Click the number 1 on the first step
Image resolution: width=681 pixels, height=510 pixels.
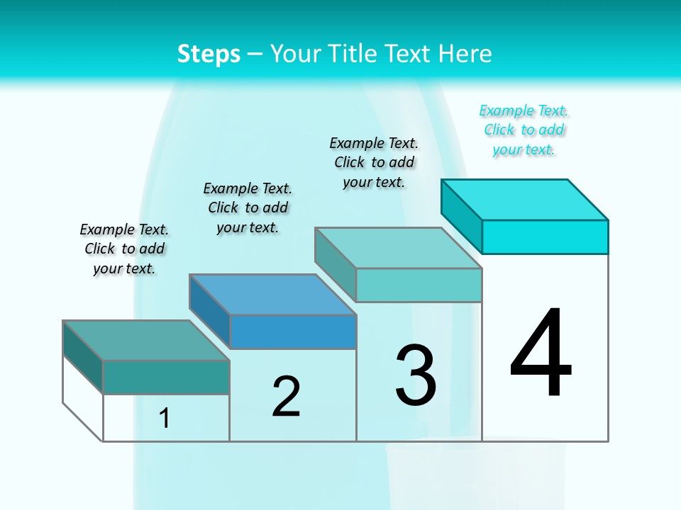click(164, 419)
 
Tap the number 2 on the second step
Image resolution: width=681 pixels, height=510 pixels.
click(286, 396)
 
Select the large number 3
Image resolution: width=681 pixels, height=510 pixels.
click(416, 375)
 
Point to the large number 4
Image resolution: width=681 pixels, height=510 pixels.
click(541, 354)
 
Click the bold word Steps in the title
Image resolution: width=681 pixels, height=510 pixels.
click(209, 54)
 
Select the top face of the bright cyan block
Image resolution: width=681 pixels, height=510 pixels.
click(525, 199)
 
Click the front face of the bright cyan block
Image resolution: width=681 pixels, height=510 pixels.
click(545, 237)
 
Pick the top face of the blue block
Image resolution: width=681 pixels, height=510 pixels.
click(273, 295)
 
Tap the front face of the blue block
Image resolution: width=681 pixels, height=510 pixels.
click(293, 331)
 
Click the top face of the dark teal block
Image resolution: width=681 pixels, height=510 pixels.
click(146, 340)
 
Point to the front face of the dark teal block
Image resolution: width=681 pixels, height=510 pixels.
click(166, 377)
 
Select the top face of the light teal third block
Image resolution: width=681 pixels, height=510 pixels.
click(399, 248)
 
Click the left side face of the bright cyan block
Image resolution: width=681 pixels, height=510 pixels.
click(461, 215)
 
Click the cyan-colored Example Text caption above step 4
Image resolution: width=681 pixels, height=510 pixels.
click(524, 130)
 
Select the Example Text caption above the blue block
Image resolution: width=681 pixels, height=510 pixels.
click(248, 208)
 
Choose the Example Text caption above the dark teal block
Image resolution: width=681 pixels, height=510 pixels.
click(124, 249)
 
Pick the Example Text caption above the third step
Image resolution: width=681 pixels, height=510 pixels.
click(374, 162)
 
